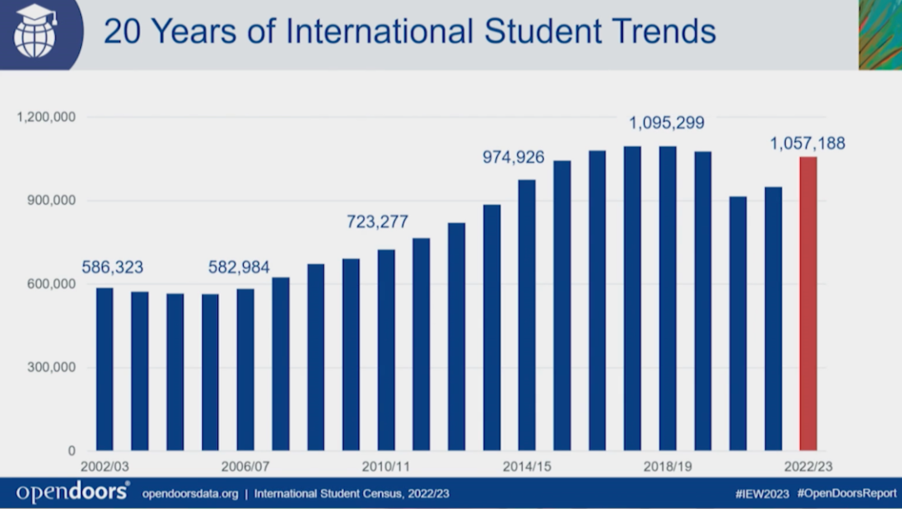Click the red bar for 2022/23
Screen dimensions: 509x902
click(808, 303)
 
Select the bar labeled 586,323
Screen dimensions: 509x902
click(104, 369)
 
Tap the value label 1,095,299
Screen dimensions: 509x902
click(666, 123)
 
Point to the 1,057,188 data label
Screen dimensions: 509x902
click(807, 144)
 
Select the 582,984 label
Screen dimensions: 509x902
click(245, 267)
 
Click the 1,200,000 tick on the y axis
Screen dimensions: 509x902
click(47, 117)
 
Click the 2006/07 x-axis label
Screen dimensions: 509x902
click(246, 465)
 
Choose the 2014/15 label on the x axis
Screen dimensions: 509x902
click(526, 465)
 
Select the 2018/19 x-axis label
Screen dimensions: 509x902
click(666, 465)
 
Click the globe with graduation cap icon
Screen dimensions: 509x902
click(34, 31)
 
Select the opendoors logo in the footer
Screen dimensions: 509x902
click(73, 493)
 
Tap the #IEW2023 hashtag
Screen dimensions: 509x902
click(762, 494)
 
